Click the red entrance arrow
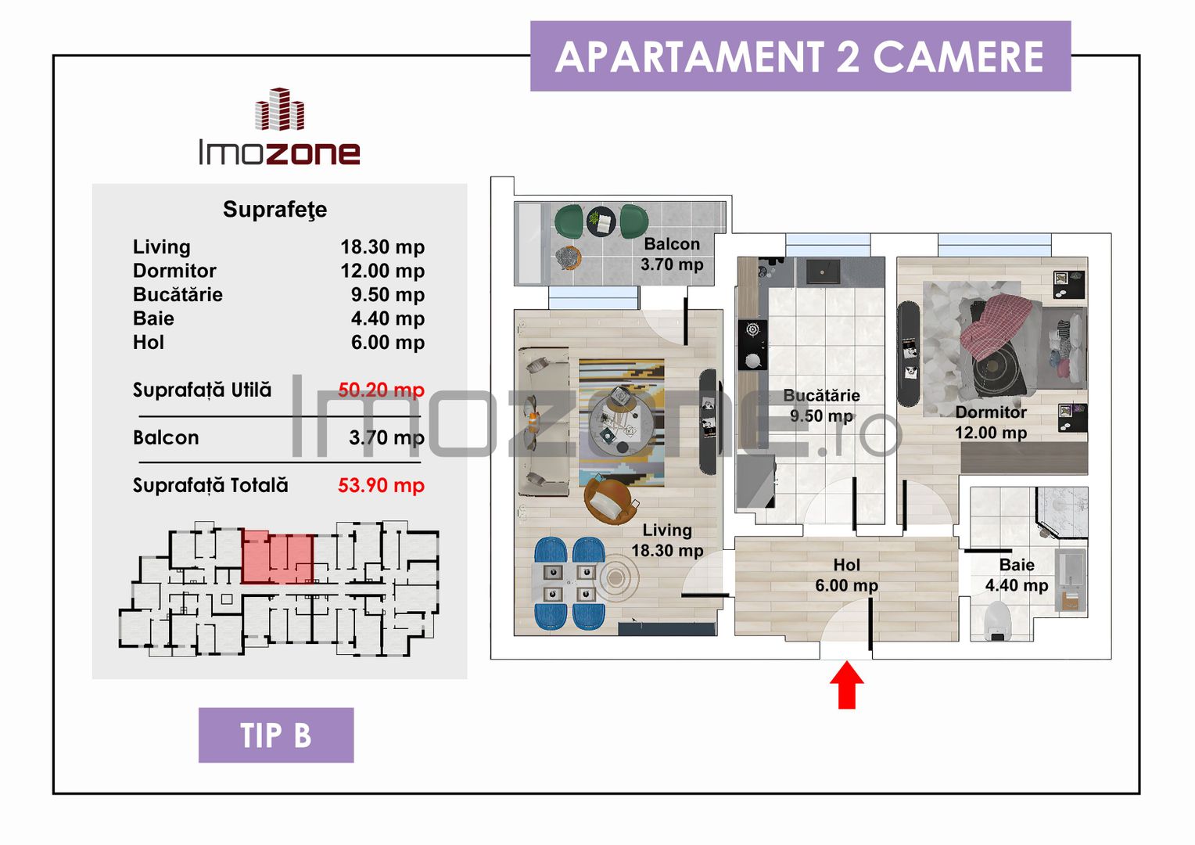[846, 685]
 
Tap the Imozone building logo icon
[279, 110]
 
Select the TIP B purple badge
[276, 735]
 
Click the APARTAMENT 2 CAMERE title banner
[800, 56]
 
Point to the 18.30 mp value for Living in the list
[382, 247]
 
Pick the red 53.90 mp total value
[381, 485]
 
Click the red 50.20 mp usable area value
[381, 390]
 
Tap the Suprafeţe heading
[275, 210]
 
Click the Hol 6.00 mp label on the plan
[846, 575]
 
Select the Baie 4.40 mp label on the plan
[1016, 575]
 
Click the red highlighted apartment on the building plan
[278, 557]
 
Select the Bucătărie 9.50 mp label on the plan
[821, 405]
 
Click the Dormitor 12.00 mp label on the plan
[990, 422]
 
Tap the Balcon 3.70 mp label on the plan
[672, 254]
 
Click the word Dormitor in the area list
[174, 271]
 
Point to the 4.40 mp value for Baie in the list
[387, 318]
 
